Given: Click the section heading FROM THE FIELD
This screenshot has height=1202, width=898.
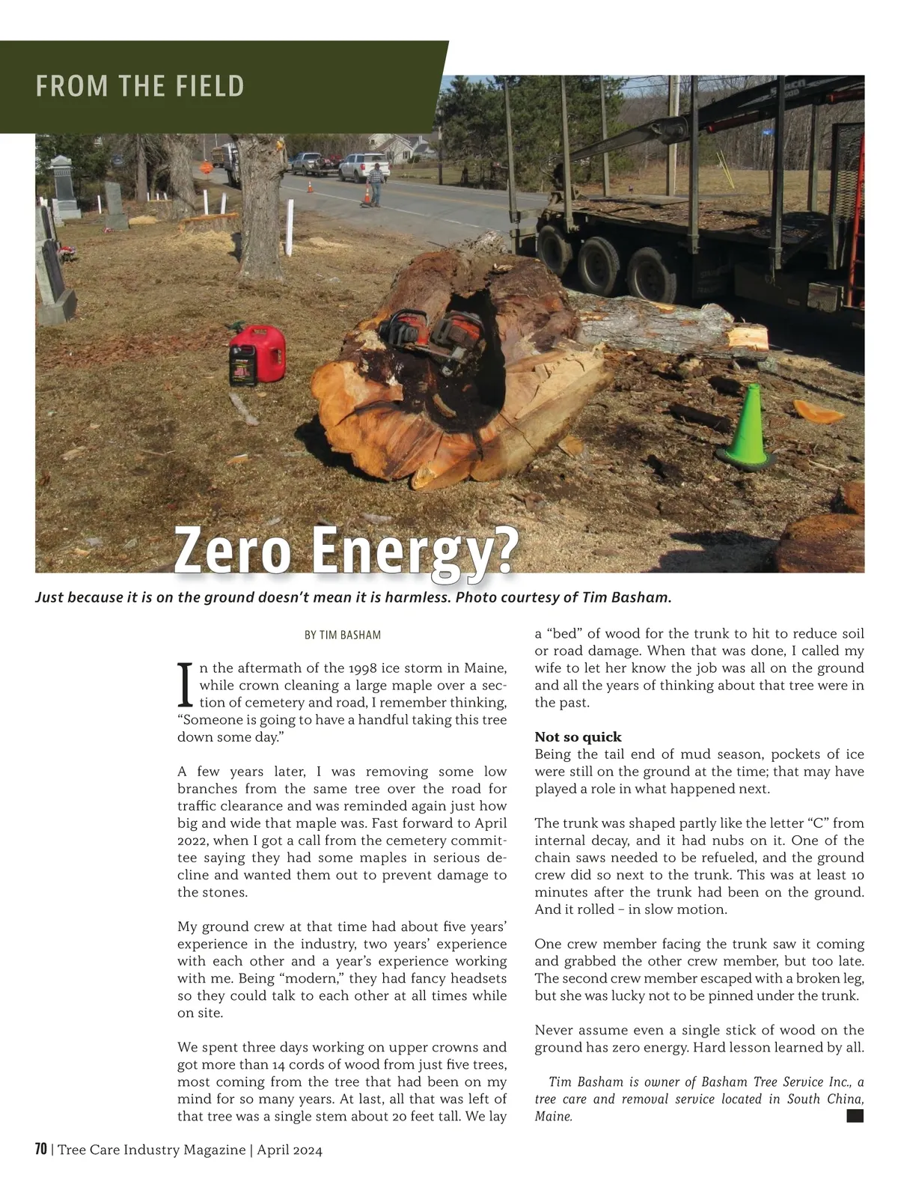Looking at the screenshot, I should tap(140, 86).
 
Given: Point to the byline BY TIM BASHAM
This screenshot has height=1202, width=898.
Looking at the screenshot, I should tap(342, 635).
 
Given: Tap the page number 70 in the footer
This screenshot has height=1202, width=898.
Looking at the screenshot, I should tap(41, 1150).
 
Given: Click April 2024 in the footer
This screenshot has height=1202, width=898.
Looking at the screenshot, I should tap(290, 1150).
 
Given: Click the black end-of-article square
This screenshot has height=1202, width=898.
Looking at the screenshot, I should tap(855, 1116).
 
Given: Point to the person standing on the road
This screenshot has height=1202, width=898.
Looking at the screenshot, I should tap(376, 183).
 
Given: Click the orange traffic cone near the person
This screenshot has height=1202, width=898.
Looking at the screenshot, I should tap(367, 196).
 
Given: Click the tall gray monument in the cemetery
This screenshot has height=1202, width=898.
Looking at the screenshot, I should tap(62, 187).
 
